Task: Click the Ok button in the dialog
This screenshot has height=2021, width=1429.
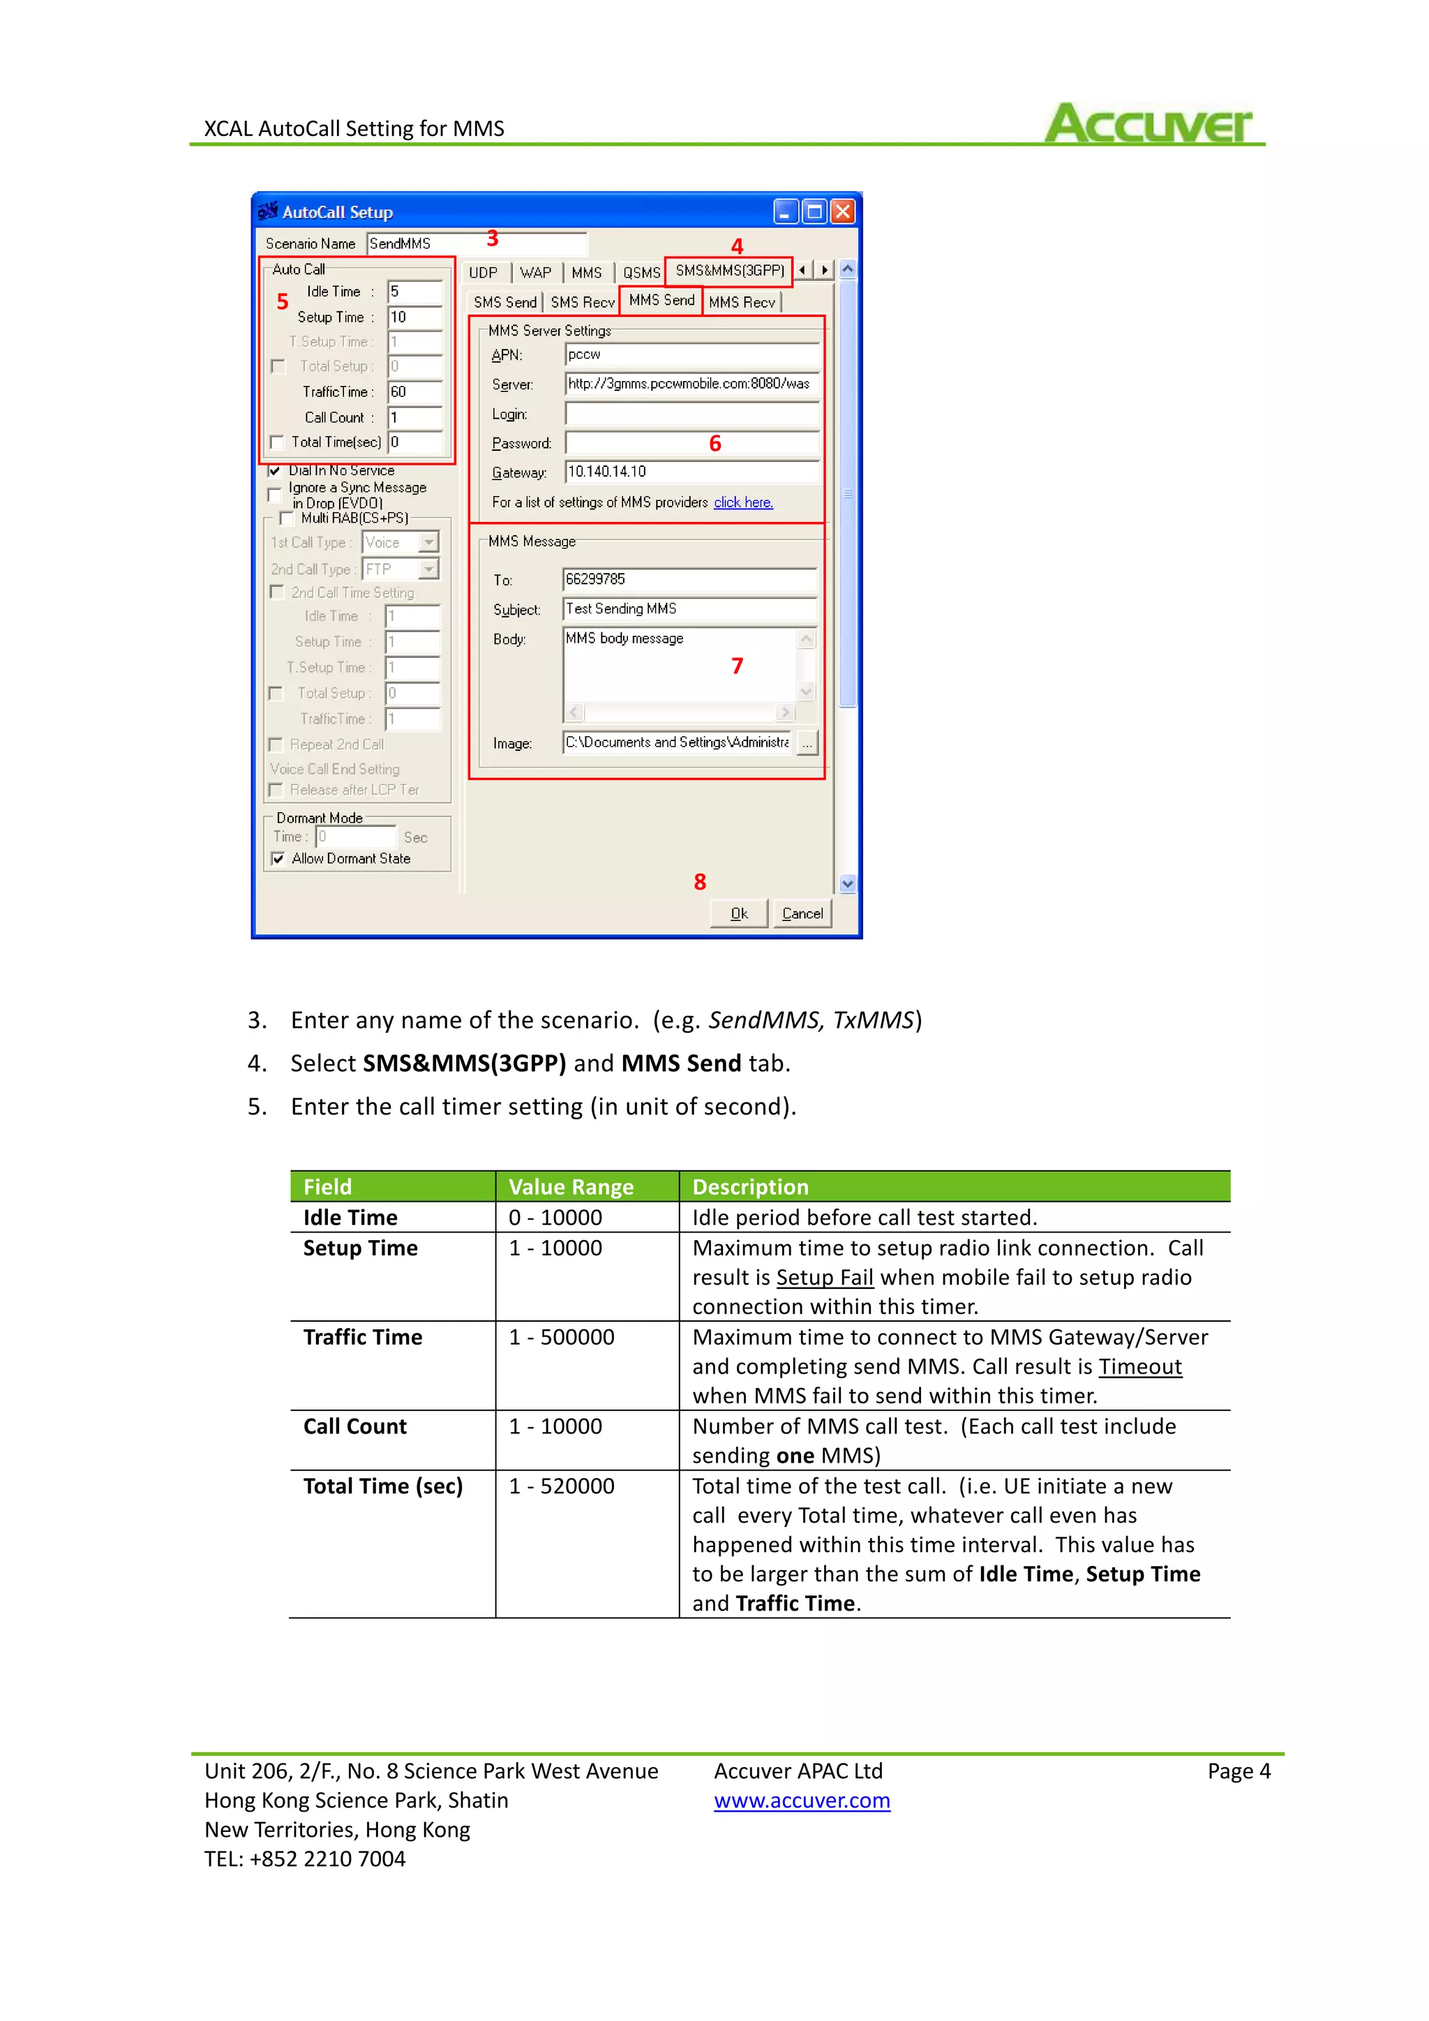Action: tap(739, 913)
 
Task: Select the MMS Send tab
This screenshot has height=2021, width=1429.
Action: tap(661, 300)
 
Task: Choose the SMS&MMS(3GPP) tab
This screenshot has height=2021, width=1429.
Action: tap(729, 271)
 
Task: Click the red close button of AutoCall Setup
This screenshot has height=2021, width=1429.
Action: tap(843, 211)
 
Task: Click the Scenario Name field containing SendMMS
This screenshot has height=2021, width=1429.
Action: tap(475, 244)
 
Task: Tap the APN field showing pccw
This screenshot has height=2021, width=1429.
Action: tap(691, 355)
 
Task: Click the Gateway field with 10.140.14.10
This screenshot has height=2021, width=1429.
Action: tap(691, 472)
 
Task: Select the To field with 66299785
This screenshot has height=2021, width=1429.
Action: tap(689, 579)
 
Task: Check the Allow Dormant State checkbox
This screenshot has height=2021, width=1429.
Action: tap(278, 858)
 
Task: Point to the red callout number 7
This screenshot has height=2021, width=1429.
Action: tap(738, 666)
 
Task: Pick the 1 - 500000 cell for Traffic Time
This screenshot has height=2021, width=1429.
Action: tap(562, 1337)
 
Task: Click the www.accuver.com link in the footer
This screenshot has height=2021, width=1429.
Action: tap(802, 1801)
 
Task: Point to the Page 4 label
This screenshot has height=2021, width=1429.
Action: tap(1238, 1771)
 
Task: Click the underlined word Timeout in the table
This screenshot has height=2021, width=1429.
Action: tap(1139, 1367)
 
